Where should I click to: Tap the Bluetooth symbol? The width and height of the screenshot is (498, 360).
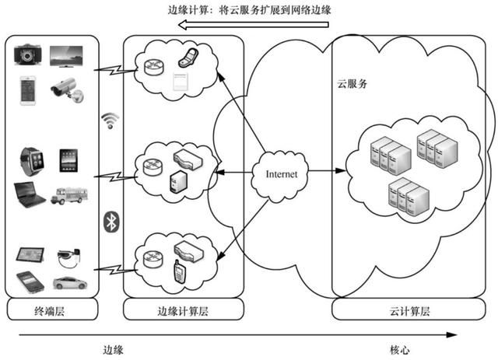tap(110, 222)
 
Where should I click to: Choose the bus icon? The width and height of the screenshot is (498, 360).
tap(68, 196)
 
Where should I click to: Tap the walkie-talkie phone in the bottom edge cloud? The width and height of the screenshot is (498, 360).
tap(178, 271)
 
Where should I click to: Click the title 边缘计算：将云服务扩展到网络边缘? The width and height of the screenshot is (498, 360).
tap(251, 9)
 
